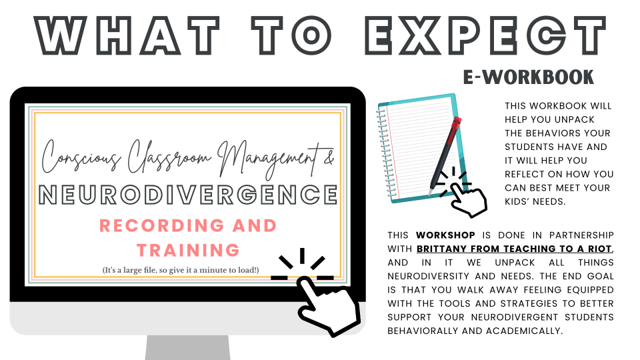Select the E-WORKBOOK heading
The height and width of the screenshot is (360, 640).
(528, 77)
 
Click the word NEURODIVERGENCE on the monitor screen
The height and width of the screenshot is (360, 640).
(187, 194)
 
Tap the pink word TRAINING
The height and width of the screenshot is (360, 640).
(187, 250)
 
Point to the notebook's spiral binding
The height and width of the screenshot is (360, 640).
(383, 150)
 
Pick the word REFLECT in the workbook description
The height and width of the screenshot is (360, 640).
(527, 175)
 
